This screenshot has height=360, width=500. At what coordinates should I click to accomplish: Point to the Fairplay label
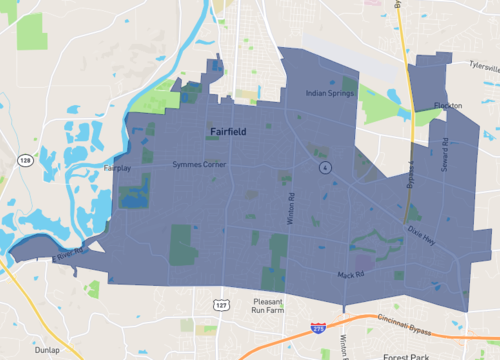pyautogui.click(x=117, y=169)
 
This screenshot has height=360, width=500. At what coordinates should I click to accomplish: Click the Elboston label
pyautogui.click(x=447, y=105)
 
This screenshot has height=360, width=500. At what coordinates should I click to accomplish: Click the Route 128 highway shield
pyautogui.click(x=23, y=160)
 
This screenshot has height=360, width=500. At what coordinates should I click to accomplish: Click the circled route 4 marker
pyautogui.click(x=325, y=168)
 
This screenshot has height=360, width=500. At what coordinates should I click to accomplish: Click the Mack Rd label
pyautogui.click(x=349, y=273)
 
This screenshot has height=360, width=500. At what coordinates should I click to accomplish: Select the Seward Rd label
pyautogui.click(x=446, y=154)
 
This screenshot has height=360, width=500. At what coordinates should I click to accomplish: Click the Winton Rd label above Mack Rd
pyautogui.click(x=289, y=208)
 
